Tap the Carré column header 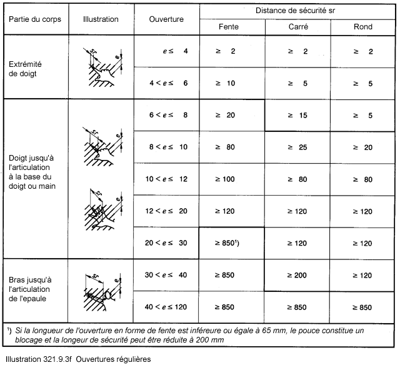click(x=298, y=27)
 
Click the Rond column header click(x=362, y=27)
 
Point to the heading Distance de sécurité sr click(x=297, y=11)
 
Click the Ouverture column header click(x=166, y=19)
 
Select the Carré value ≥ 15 click(x=298, y=115)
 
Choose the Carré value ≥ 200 click(x=298, y=275)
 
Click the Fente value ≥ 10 click(x=228, y=83)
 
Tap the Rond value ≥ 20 click(x=362, y=147)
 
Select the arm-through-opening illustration click(x=101, y=290)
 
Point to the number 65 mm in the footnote click(x=294, y=329)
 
